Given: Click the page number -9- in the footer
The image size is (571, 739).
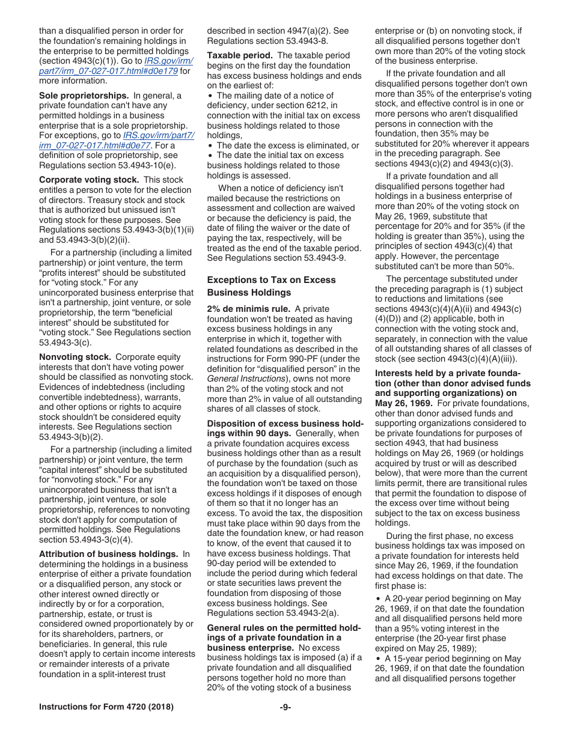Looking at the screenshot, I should (x=285, y=707).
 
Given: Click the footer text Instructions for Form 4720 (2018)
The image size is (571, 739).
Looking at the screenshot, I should (x=106, y=707).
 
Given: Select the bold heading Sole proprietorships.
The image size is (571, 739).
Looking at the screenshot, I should (x=84, y=96).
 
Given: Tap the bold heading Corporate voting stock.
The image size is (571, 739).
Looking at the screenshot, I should (x=89, y=180).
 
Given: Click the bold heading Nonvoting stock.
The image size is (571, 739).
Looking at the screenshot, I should (x=75, y=357).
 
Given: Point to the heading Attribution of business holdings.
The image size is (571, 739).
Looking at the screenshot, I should (x=108, y=554).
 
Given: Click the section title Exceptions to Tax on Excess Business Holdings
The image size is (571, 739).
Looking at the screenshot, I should (x=271, y=286).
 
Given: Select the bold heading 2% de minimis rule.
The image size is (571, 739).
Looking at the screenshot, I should (x=248, y=309).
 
